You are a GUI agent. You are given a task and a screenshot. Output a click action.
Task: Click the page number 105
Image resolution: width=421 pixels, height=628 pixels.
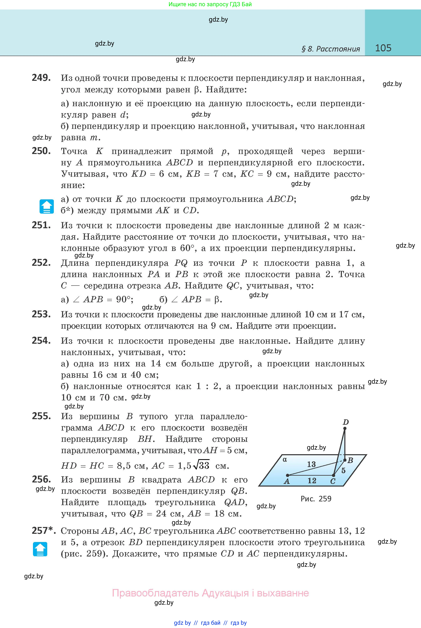click(x=383, y=48)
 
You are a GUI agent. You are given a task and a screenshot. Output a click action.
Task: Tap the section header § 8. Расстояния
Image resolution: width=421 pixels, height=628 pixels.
click(x=331, y=49)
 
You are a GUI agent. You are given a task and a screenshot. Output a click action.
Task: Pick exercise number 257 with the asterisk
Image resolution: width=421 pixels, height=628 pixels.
click(x=43, y=530)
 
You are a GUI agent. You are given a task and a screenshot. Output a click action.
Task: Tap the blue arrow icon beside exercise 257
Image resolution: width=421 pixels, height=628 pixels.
click(x=40, y=549)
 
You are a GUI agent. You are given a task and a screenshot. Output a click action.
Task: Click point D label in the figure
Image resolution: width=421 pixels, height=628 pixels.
click(x=346, y=422)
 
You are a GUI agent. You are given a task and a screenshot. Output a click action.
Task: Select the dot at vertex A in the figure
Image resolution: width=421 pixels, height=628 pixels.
click(x=287, y=475)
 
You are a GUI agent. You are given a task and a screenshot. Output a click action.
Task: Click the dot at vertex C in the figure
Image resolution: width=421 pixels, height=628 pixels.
click(x=333, y=475)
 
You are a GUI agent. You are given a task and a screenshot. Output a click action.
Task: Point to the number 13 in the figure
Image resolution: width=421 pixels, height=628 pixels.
click(x=311, y=464)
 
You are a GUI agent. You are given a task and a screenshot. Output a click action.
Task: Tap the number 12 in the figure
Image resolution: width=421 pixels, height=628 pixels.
click(x=312, y=481)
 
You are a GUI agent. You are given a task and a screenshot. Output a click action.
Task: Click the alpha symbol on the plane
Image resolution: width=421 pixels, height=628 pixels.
click(x=285, y=459)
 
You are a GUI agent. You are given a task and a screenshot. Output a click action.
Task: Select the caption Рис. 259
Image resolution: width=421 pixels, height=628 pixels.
click(x=316, y=499)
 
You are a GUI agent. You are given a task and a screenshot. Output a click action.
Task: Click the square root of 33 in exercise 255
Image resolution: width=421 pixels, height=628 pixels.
click(x=201, y=466)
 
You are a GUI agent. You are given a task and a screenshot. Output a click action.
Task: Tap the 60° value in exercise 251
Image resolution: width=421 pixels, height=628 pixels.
click(x=187, y=248)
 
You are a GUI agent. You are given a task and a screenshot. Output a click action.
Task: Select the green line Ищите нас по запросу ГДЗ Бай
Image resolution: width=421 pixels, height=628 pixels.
click(x=210, y=4)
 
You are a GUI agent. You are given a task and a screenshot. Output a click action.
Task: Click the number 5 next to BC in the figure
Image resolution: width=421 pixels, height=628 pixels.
click(x=343, y=471)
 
